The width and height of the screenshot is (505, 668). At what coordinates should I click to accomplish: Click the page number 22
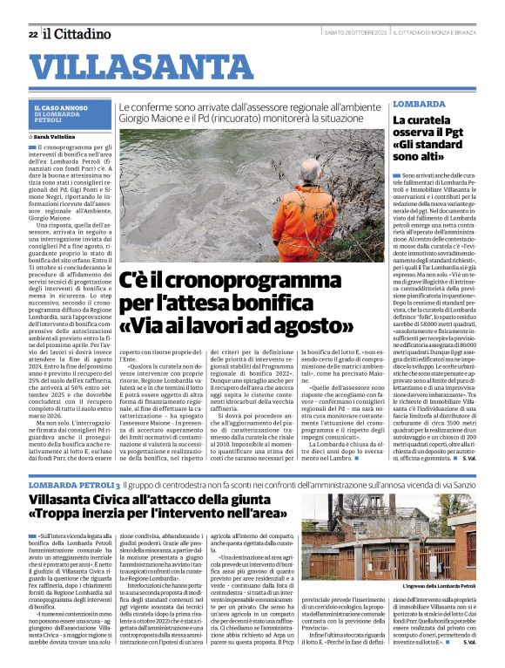32,34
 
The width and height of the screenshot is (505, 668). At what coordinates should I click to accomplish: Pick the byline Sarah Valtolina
55,137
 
